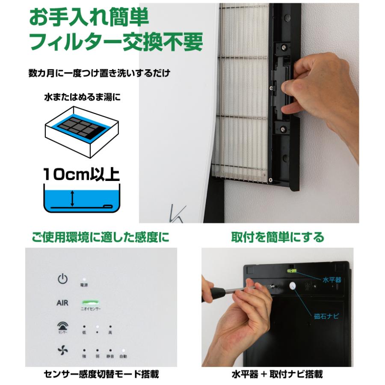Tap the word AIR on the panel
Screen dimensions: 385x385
coord(62,303)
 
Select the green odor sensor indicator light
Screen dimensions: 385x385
coord(89,302)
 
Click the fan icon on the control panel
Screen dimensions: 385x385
coord(62,350)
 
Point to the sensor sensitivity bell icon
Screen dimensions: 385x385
coord(62,327)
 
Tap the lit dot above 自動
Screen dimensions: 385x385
coord(123,349)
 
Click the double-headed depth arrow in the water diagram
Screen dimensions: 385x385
coord(73,198)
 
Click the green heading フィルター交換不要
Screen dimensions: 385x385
coord(115,43)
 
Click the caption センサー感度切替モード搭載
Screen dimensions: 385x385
coord(101,374)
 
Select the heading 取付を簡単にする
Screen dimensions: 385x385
coord(278,237)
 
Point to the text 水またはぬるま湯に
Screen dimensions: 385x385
coord(83,97)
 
